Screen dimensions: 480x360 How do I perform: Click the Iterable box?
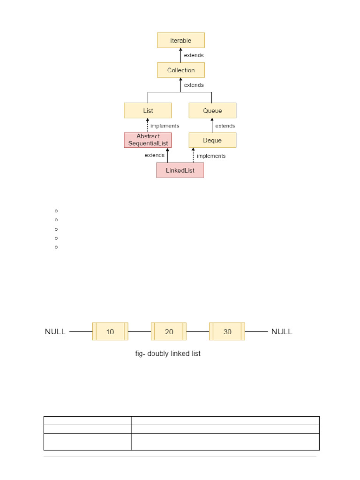tap(180, 40)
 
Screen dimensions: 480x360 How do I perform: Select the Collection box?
tap(180, 70)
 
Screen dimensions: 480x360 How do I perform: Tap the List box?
tap(148, 111)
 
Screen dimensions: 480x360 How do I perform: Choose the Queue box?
tap(212, 111)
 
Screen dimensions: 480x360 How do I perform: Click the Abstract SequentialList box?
tap(148, 140)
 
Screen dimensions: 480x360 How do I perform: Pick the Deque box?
tap(212, 140)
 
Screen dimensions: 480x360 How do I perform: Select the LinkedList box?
tap(180, 170)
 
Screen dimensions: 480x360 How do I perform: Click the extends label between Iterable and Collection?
tap(194, 55)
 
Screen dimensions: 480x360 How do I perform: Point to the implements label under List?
tap(165, 126)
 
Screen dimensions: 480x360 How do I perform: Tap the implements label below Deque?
tap(211, 156)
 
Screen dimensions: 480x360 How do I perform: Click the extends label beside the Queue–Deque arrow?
tap(225, 126)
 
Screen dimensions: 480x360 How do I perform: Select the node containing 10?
tap(110, 331)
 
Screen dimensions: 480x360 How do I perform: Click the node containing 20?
tap(169, 331)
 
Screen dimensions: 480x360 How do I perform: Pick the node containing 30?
tap(227, 331)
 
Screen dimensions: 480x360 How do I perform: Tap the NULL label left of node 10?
tap(55, 331)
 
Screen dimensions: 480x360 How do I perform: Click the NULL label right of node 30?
tap(282, 331)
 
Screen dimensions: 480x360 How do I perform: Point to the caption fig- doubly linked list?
tap(168, 353)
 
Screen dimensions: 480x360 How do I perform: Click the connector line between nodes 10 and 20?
tap(139, 331)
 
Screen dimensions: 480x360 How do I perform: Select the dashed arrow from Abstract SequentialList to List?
tap(148, 125)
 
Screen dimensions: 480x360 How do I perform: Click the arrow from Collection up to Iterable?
tap(180, 55)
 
